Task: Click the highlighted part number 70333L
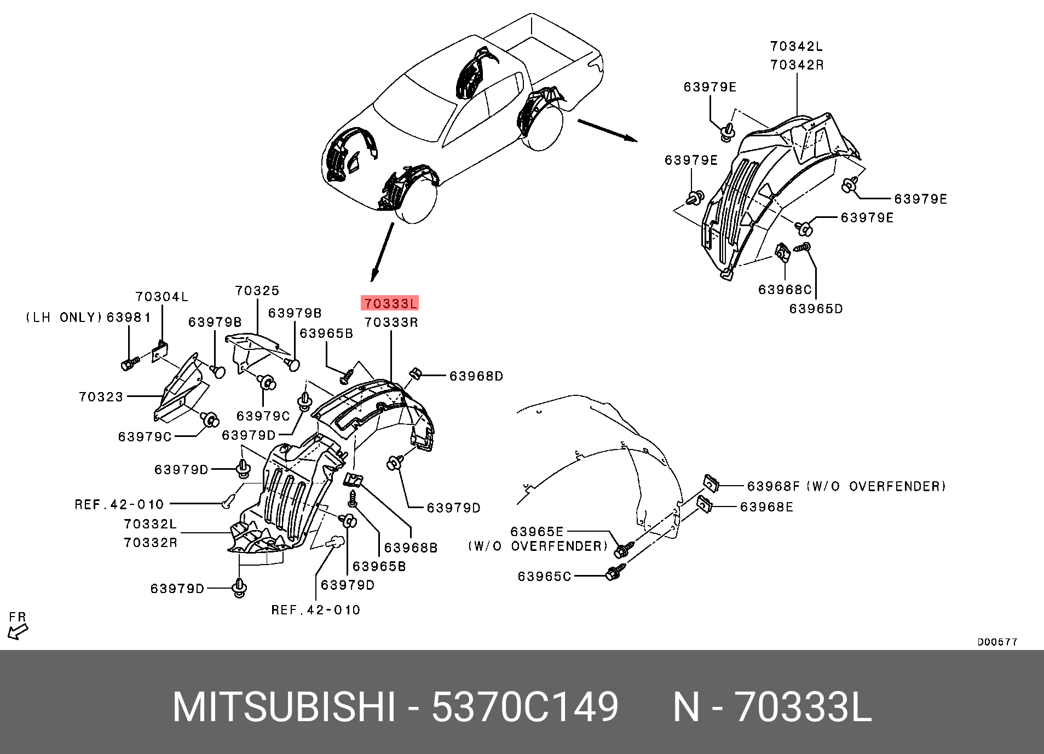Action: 390,303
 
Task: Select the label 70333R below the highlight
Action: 391,323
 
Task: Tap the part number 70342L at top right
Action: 797,47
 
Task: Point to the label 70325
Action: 257,291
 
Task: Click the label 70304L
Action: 162,297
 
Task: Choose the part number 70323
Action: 101,397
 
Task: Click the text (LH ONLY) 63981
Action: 88,318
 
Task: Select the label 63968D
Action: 476,376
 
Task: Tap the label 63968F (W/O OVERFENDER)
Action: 846,486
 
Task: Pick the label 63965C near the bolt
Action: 544,577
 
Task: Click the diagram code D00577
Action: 997,642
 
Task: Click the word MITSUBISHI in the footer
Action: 284,707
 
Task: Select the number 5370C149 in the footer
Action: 524,707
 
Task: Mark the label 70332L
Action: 151,524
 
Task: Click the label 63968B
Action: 411,548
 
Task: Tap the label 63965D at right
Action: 816,309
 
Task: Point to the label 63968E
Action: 766,507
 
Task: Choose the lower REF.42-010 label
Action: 316,610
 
